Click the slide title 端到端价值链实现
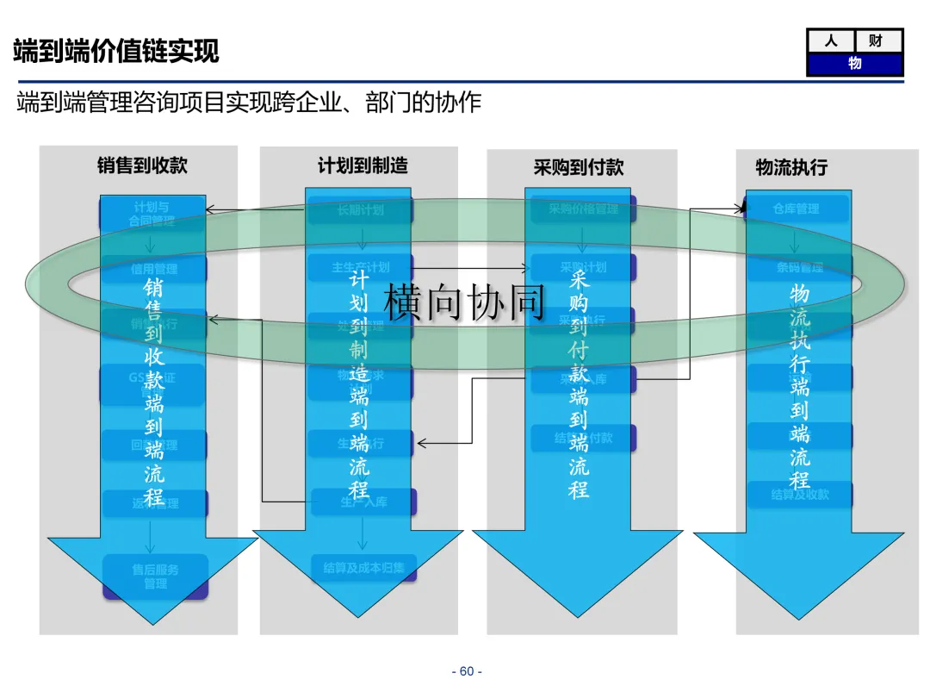[116, 51]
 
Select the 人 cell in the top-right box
[831, 41]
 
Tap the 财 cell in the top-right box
[877, 41]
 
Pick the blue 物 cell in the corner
[854, 64]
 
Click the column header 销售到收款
[142, 165]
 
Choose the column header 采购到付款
[579, 167]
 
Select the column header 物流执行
[791, 167]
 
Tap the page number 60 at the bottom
[467, 672]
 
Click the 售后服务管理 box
[156, 576]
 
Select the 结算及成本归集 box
[363, 567]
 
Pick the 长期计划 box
[361, 209]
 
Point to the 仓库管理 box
[797, 209]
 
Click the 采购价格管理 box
[583, 209]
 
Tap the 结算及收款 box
[800, 495]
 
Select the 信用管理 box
[154, 268]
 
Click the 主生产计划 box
[361, 267]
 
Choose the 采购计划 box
[583, 267]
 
